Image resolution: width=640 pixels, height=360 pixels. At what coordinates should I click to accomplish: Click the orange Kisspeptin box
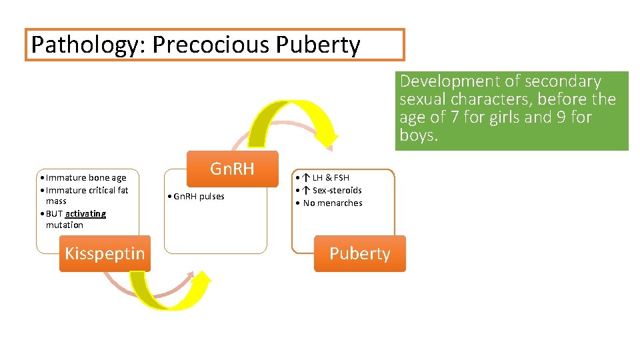[x=105, y=253]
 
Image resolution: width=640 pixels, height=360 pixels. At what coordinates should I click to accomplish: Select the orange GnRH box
[x=233, y=169]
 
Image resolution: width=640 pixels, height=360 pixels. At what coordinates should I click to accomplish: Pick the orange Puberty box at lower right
[x=359, y=253]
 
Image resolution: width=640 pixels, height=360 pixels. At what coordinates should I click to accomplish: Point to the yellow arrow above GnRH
[x=293, y=120]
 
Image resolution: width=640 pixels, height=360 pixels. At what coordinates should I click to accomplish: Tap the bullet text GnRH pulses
[x=199, y=196]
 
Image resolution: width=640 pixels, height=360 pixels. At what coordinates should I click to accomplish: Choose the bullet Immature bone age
[x=86, y=177]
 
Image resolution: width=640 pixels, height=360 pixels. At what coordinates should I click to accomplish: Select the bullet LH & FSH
[x=327, y=177]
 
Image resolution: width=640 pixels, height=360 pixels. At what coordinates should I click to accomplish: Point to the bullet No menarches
[x=333, y=203]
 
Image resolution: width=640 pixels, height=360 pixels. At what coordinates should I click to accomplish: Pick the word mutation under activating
[x=65, y=225]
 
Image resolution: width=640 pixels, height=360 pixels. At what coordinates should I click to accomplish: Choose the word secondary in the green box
[x=563, y=81]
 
